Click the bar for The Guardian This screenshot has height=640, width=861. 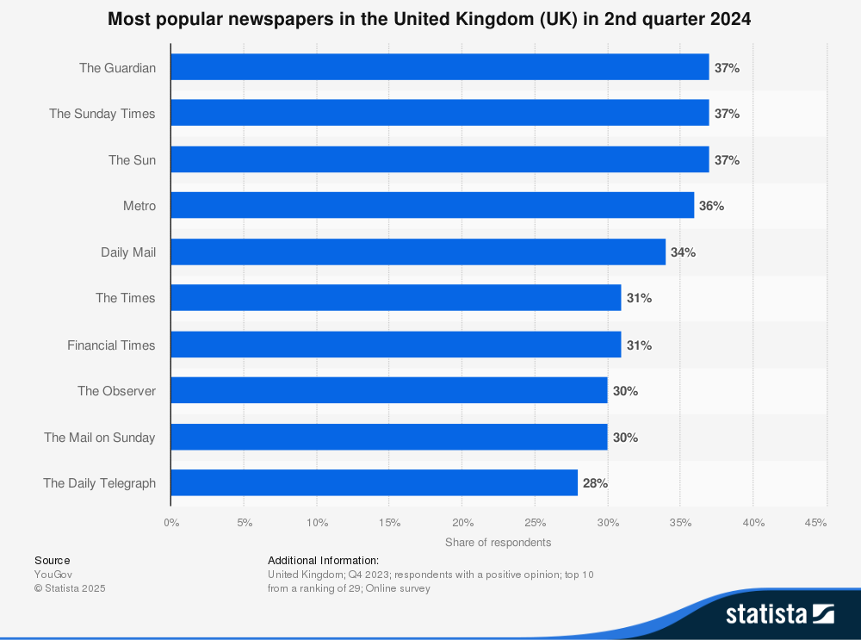[439, 67]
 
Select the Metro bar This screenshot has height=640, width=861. [432, 206]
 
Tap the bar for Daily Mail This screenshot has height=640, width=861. [418, 252]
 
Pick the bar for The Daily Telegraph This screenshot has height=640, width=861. [374, 483]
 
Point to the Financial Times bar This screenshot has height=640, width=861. [395, 345]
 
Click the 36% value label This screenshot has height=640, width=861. [711, 206]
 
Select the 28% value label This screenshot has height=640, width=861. [595, 483]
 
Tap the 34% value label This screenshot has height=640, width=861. [683, 252]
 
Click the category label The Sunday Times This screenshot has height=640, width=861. [102, 114]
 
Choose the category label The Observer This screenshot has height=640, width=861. [116, 391]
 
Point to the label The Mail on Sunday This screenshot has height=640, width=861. [100, 438]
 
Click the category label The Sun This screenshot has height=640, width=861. [132, 160]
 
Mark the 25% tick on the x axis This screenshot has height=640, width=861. [535, 523]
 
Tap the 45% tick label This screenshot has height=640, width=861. [815, 523]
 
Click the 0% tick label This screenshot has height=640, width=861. [171, 523]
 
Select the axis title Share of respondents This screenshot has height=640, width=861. [498, 543]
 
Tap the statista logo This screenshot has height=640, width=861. [780, 614]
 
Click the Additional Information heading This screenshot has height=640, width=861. [323, 560]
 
